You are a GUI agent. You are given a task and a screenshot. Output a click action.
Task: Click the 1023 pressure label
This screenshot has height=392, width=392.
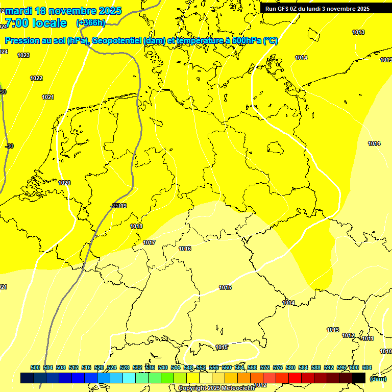(x=23, y=55)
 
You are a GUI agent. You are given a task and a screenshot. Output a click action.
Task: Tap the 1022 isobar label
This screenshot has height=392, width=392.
(x=36, y=78)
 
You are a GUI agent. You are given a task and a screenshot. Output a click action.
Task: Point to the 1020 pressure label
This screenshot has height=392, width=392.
(x=64, y=183)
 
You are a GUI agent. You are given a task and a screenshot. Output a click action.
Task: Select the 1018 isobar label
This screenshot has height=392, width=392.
(x=136, y=226)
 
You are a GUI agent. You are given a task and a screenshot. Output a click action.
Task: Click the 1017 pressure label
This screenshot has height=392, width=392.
(x=149, y=242)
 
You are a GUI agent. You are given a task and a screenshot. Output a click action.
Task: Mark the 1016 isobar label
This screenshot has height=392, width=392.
(x=185, y=249)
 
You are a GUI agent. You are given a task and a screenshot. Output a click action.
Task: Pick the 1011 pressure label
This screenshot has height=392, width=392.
(x=367, y=338)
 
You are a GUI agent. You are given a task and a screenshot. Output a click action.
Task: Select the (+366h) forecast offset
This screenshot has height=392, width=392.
(x=90, y=23)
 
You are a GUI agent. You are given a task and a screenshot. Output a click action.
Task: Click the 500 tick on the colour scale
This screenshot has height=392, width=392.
(x=35, y=367)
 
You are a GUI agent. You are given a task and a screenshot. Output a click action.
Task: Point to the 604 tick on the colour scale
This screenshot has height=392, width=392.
(x=366, y=367)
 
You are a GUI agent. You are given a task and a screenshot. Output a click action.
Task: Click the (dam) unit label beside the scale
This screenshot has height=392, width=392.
(x=378, y=378)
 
